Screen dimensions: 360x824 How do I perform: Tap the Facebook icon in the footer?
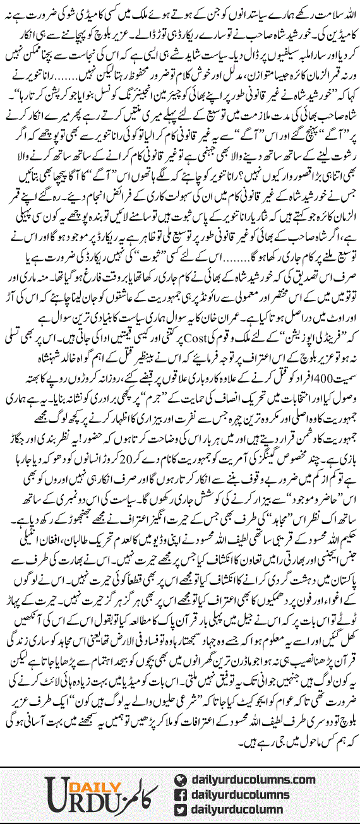tap(183, 794)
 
